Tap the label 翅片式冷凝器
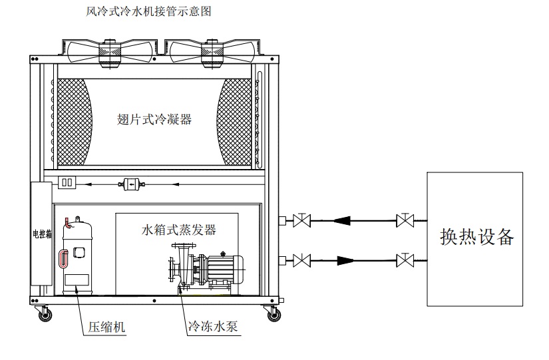(x=154, y=120)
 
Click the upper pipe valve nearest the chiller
(x=303, y=219)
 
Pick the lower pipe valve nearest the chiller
(x=303, y=259)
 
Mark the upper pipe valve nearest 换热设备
(x=403, y=219)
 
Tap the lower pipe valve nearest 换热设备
(x=403, y=259)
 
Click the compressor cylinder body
(x=78, y=256)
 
